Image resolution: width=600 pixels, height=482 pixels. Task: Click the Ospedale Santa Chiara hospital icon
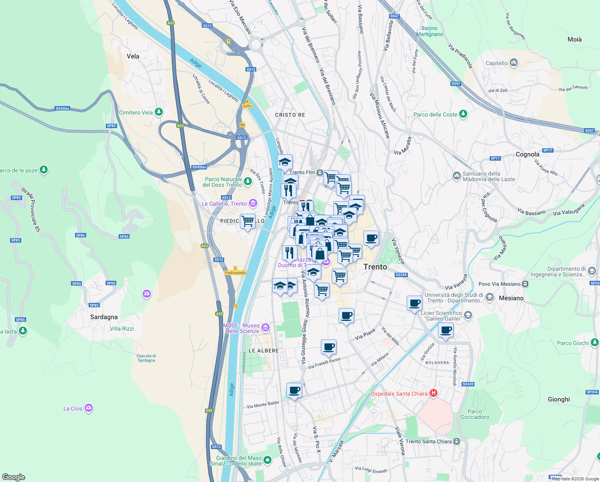coord(433,393)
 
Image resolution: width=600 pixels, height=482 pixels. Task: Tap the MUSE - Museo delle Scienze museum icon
coord(265,328)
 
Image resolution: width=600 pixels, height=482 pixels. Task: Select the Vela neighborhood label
coord(133,56)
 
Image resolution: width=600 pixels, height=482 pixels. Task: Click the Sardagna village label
coord(104,317)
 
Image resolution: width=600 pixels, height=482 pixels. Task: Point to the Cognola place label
coord(527,154)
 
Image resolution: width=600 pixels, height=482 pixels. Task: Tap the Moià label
coord(574,39)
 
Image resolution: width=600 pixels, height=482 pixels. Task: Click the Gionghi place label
coord(559,399)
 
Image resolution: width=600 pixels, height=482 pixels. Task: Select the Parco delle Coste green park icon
coord(463,114)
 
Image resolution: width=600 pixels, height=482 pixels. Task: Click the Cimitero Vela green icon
coord(159,112)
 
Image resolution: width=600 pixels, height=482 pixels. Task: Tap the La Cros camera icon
coord(89,408)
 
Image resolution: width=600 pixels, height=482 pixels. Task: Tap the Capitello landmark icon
coord(514,63)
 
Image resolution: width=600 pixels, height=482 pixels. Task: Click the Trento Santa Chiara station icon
coord(456,441)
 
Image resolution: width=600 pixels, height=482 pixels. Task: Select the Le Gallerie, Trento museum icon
coord(253,204)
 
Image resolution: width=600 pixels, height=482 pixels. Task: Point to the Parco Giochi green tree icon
coord(594,343)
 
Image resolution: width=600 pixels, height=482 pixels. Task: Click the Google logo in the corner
coord(13,477)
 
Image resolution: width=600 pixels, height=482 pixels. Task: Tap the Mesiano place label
coord(511,298)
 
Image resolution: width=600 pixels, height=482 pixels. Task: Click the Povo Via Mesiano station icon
coord(525,284)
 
